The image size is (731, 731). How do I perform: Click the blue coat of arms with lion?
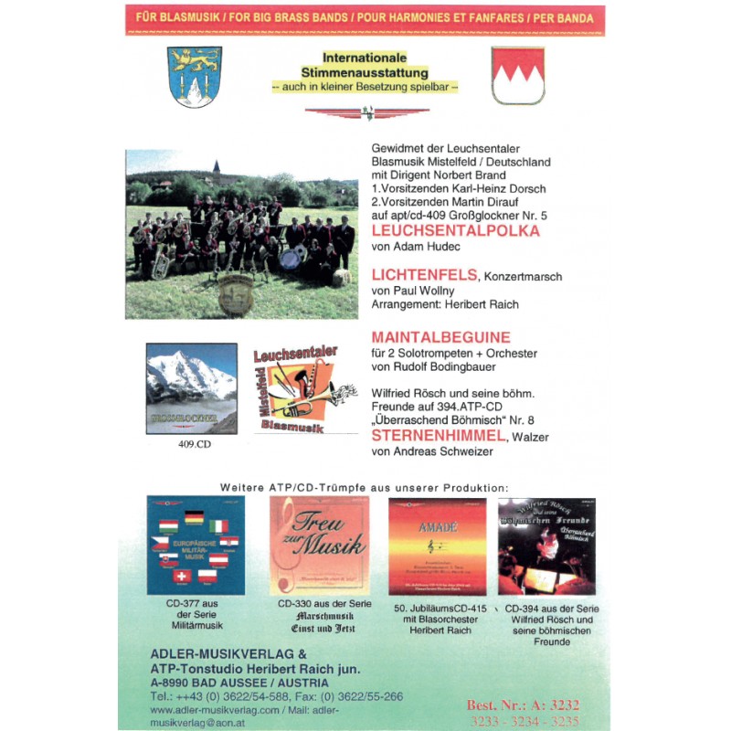click(x=195, y=77)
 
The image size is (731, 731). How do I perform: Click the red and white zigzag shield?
click(x=517, y=75)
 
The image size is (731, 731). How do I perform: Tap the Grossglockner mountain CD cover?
click(x=191, y=388)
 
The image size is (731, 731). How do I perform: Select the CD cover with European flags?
click(x=195, y=546)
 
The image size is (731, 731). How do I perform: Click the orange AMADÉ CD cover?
click(x=437, y=546)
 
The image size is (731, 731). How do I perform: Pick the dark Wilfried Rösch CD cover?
click(x=546, y=546)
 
